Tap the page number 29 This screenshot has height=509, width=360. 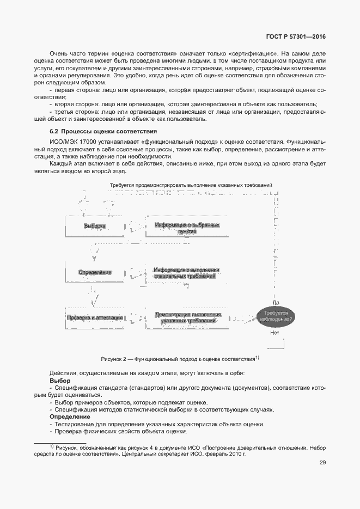[322, 463]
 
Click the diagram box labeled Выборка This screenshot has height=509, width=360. [95, 226]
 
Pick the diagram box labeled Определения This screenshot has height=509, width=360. [95, 272]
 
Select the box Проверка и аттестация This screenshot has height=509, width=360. [95, 318]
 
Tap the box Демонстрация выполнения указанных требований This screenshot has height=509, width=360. [187, 318]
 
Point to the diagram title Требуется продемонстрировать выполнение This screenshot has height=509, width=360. [191, 186]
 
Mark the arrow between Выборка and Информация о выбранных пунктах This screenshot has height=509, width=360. [137, 226]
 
